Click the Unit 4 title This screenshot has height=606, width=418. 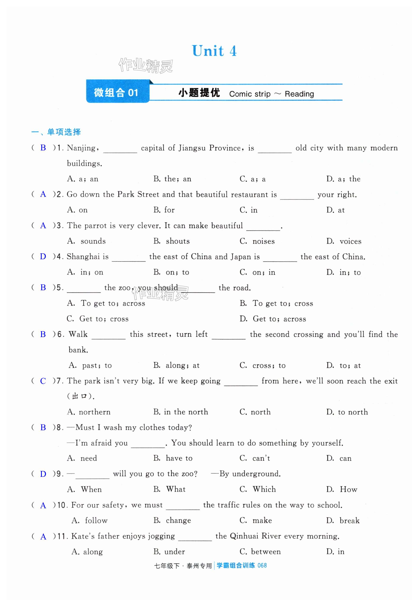(x=214, y=51)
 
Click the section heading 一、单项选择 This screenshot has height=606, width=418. (x=56, y=132)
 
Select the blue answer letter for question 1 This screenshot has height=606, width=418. (x=43, y=148)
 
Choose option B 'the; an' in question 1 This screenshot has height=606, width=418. (x=172, y=179)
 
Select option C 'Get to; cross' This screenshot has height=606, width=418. (x=97, y=319)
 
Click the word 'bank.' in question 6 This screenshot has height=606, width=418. (x=78, y=350)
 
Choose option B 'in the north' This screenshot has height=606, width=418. (x=181, y=412)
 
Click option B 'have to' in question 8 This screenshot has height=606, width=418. (x=173, y=458)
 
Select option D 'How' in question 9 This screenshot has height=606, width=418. (x=342, y=489)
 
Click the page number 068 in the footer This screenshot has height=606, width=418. (x=262, y=565)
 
